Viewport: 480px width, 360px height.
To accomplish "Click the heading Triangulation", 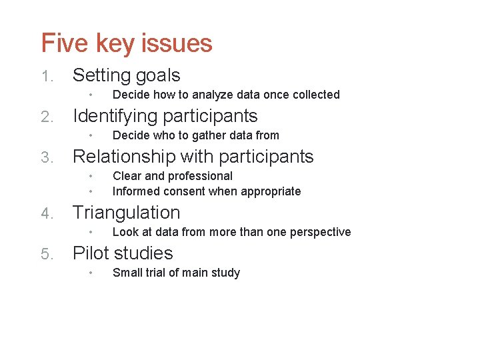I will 126,213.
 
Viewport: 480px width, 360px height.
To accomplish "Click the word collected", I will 314,95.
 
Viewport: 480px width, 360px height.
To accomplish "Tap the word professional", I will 200,176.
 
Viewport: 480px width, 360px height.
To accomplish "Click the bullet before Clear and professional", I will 90,176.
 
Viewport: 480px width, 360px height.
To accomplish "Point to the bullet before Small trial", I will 90,273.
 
